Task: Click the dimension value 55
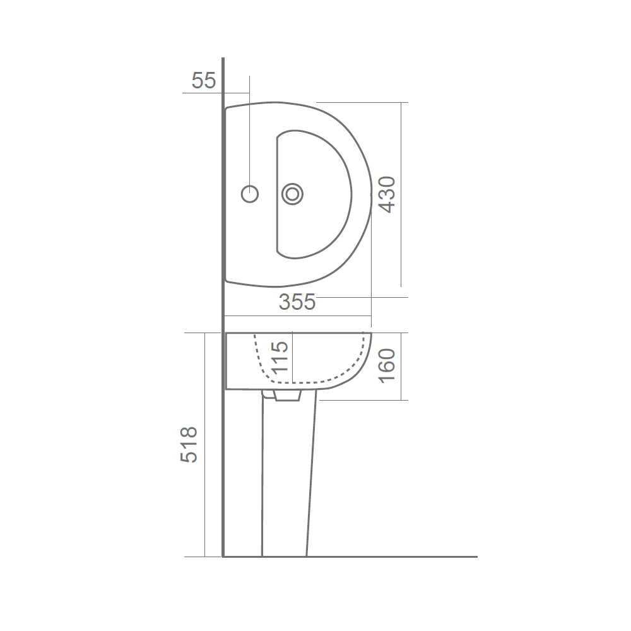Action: (x=204, y=81)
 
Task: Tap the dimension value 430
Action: (x=387, y=194)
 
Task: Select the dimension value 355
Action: (x=297, y=302)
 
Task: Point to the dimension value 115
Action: (x=280, y=357)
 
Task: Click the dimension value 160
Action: (x=387, y=366)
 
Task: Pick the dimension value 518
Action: (x=189, y=445)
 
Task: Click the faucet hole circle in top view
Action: (x=250, y=194)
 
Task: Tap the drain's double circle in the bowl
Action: (x=293, y=194)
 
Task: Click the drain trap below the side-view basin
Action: (x=287, y=395)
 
